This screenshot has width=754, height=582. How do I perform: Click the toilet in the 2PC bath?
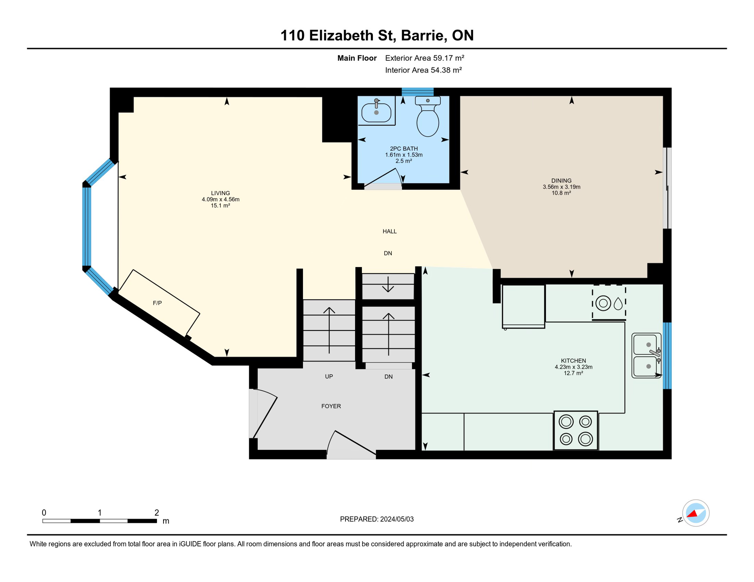coord(428,116)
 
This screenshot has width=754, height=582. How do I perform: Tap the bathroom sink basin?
coord(376,112)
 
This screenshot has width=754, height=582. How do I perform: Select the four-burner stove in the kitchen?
coord(576,430)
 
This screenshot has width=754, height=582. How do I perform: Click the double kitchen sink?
coord(647,355)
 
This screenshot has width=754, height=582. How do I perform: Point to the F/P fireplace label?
coord(157,303)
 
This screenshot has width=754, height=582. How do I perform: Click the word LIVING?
coord(220,193)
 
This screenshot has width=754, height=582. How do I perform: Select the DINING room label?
coord(561,181)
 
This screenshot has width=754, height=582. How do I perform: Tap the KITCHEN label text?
coord(573,361)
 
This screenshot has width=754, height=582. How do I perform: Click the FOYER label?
coord(331,406)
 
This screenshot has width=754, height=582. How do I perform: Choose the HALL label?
coord(390,232)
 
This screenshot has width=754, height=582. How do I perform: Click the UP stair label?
coord(329,377)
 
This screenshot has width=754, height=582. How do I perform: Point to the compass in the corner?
coord(696,513)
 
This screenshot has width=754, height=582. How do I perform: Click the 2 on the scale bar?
coord(157,513)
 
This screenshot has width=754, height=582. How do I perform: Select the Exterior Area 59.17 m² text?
coord(425,58)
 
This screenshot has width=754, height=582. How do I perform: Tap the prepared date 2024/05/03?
coord(397,519)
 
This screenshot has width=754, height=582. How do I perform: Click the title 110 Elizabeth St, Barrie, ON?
coord(377,35)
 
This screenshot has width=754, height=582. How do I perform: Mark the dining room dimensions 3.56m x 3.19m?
coord(561,187)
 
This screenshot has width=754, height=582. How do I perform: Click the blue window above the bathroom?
coord(418,92)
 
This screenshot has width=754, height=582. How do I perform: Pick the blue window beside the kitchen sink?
coord(667,355)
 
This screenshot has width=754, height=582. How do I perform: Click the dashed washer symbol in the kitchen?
coord(609,303)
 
